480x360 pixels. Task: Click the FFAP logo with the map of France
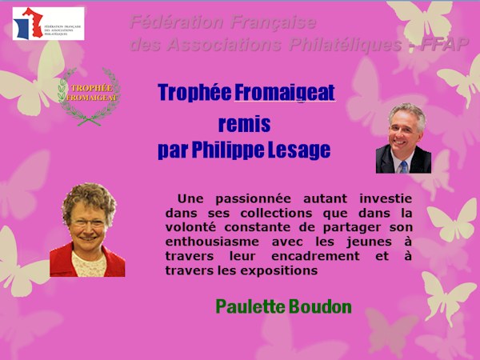point(48,23)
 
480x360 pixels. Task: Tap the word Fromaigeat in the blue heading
point(284,93)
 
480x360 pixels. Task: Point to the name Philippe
point(225,150)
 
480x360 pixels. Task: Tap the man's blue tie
point(403,166)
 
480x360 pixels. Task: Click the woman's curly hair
point(88,196)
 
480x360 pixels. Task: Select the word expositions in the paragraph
point(282,270)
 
